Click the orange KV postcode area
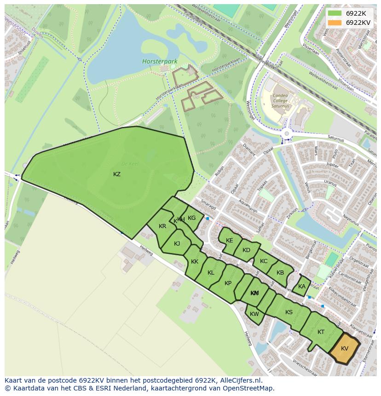tap(345, 349)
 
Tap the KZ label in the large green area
tap(117, 174)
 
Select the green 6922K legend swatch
tap(335, 13)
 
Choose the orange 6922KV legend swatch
tap(335, 23)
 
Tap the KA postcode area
tap(302, 287)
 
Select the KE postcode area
tap(229, 241)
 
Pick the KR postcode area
tap(162, 226)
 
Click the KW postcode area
tap(254, 315)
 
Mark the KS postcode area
tap(289, 312)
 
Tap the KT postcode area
tap(321, 332)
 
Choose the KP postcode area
tap(228, 283)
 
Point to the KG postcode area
tap(192, 218)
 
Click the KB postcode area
tap(280, 272)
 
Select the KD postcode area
tap(246, 250)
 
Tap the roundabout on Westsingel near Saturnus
tap(287, 134)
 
